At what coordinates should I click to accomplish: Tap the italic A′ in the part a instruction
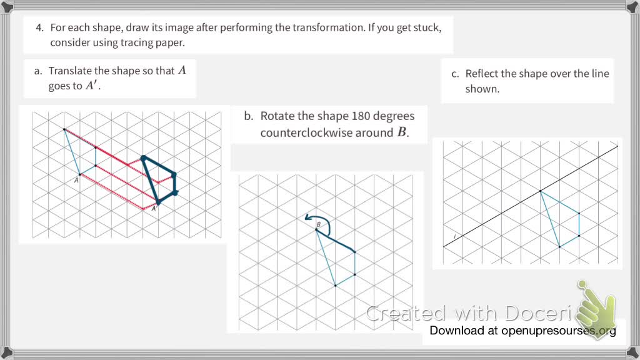(92, 86)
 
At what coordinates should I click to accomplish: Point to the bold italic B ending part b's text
(402, 132)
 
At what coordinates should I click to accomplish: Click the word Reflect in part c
(482, 74)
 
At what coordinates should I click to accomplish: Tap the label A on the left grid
(76, 179)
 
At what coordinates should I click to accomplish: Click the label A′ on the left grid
(154, 208)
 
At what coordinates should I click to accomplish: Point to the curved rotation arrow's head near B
(306, 217)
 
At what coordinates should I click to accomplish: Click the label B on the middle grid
(318, 224)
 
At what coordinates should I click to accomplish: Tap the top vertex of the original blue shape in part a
(64, 129)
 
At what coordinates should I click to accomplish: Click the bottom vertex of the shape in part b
(336, 286)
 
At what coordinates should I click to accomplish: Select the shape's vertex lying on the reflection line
(540, 191)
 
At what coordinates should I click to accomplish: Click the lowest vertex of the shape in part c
(559, 247)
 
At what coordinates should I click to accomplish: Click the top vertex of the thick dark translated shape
(143, 158)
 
